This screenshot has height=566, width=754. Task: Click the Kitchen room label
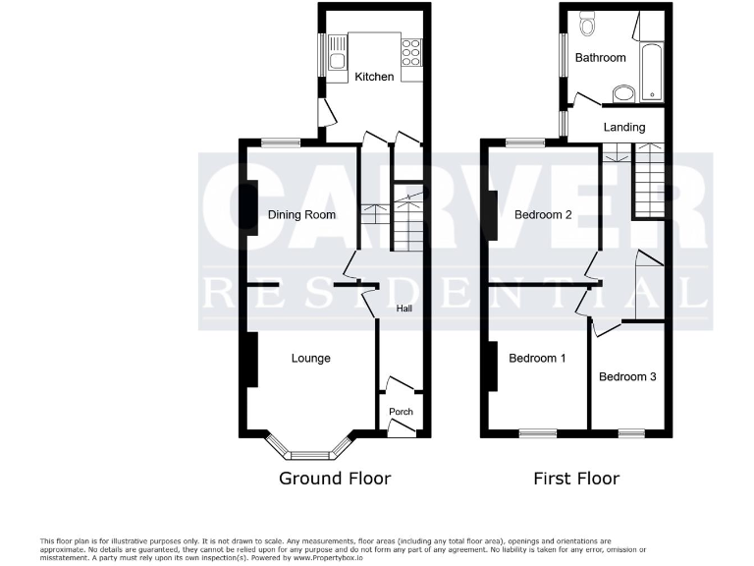[374, 77]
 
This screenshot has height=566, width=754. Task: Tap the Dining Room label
[301, 214]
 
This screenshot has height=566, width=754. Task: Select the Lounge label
[310, 359]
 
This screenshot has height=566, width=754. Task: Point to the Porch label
[401, 412]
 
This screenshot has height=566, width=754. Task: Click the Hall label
[404, 309]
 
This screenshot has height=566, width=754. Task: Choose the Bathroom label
[600, 58]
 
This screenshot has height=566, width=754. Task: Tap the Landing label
[623, 127]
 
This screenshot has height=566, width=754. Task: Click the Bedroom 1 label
[537, 359]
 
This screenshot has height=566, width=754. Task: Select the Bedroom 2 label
[543, 214]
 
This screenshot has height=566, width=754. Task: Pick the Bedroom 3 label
[628, 376]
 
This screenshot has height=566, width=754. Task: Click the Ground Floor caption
[335, 479]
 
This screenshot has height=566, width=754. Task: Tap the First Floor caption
[576, 479]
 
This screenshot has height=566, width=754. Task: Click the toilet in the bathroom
[587, 23]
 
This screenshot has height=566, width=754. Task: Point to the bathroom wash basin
[622, 94]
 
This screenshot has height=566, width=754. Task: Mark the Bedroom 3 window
[630, 432]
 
